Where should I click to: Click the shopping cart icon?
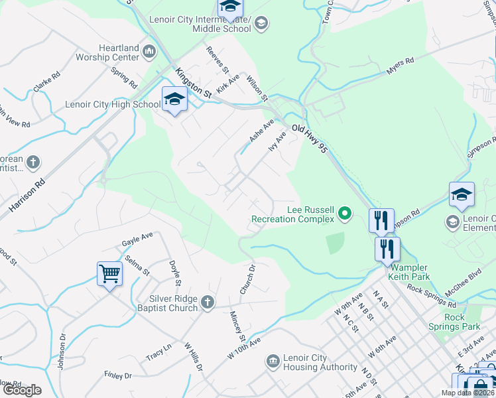click(x=109, y=273)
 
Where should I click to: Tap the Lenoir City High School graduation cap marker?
click(x=174, y=99)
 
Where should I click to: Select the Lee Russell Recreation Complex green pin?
click(x=344, y=214)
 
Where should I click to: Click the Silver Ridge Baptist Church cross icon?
click(x=208, y=303)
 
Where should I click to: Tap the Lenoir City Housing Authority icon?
click(x=273, y=362)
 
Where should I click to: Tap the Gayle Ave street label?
click(x=137, y=239)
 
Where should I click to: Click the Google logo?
click(x=22, y=390)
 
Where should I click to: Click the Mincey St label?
click(x=237, y=325)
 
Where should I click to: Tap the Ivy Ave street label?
click(x=277, y=141)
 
